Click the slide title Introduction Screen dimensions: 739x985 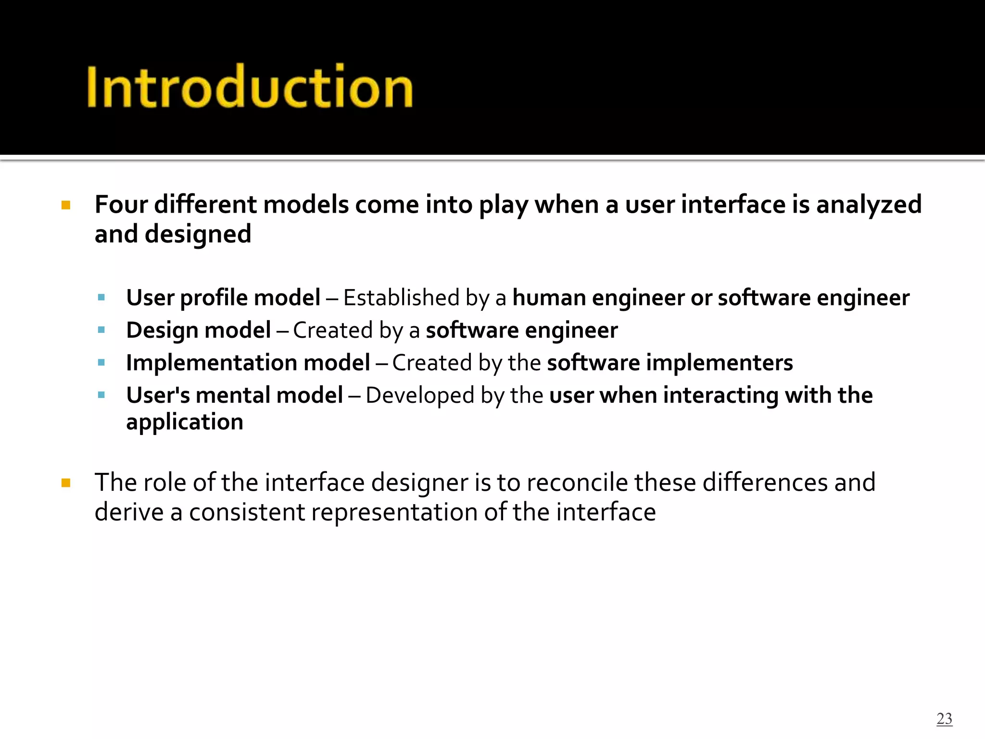coord(249,87)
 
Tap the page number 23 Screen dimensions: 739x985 coord(944,718)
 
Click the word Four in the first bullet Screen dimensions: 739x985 coord(121,204)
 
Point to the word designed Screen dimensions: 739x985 coord(198,235)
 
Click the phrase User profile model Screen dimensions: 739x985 coord(223,298)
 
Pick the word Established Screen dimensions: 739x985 coord(401,298)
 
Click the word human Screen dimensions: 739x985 coord(549,298)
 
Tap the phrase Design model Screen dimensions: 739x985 coord(198,331)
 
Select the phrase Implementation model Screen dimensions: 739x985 coord(248,363)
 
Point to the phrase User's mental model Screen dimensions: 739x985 coord(234,395)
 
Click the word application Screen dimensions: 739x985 coord(185,422)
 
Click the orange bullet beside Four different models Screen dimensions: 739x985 coord(66,206)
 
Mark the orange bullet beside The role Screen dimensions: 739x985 coord(66,483)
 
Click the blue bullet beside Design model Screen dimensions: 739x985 coord(101,330)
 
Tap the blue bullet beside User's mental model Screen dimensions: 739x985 coord(101,395)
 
